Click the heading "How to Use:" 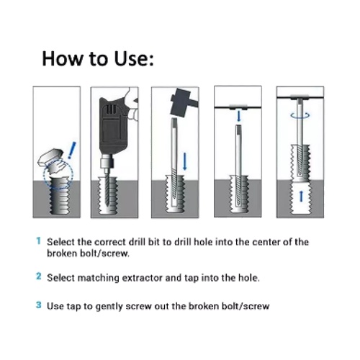98,58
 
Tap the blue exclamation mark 72,150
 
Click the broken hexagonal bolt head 50,156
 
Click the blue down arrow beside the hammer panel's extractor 184,161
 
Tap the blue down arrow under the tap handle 238,117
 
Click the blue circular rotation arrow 300,116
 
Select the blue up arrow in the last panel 302,196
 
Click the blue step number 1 38,240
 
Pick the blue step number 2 39,276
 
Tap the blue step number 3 39,305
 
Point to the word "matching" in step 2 98,279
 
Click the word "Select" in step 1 60,242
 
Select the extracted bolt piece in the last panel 300,163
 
